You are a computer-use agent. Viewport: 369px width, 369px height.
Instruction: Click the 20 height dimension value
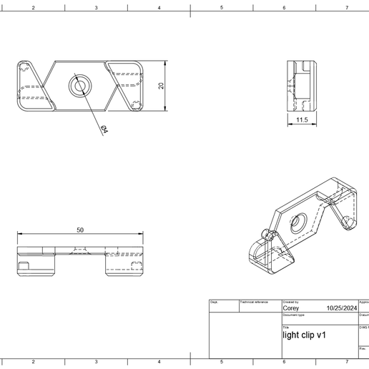162,86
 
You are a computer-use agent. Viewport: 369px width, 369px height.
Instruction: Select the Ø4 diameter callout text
104,129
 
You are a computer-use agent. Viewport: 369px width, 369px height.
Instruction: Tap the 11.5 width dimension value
301,120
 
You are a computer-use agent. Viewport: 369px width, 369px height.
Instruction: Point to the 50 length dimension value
80,230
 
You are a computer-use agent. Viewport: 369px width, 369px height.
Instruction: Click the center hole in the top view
78,87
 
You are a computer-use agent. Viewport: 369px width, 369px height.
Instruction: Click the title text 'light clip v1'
305,335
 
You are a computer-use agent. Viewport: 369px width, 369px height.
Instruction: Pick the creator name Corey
292,308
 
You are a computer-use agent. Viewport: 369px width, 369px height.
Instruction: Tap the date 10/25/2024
340,308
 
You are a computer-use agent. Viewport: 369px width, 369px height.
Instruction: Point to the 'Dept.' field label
214,302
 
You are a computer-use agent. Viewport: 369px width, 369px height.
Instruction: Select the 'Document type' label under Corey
294,315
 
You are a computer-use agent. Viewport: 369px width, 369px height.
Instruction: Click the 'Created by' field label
291,302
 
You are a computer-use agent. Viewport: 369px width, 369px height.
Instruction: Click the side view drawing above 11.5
301,85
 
